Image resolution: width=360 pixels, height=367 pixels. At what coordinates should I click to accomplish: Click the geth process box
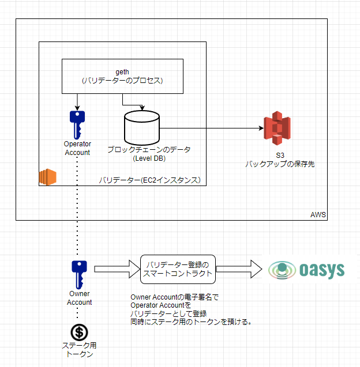(x=122, y=76)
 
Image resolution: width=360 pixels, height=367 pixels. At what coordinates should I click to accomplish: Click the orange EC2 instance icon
(x=47, y=178)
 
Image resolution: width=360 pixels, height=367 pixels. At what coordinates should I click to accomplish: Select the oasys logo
(x=307, y=269)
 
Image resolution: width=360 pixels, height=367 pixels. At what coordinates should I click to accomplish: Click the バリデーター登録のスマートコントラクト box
(x=178, y=269)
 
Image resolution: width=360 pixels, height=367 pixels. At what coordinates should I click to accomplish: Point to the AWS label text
(x=318, y=215)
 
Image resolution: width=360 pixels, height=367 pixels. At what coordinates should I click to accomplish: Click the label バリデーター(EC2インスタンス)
(x=149, y=180)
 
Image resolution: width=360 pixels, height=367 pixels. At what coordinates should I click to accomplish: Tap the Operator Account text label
(x=77, y=148)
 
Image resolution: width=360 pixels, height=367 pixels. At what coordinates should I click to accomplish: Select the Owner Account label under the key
(x=79, y=298)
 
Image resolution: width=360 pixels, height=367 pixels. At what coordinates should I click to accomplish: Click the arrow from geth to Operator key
(x=77, y=101)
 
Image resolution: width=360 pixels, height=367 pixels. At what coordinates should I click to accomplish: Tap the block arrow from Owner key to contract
(x=117, y=269)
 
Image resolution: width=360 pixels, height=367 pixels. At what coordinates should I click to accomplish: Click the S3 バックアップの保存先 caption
(x=279, y=160)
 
